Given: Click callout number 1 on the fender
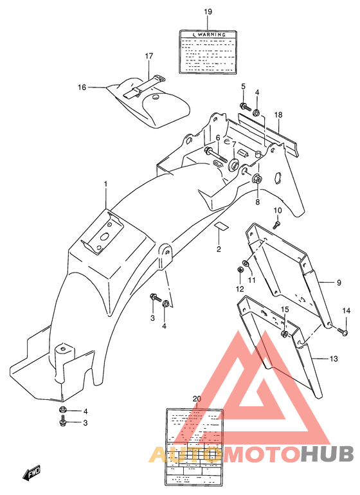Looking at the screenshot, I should point(106,184).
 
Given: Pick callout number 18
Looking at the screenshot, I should point(278,115).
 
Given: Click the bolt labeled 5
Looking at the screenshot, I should point(245,106).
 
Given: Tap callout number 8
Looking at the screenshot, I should point(258,201).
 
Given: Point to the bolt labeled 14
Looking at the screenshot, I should point(342,332).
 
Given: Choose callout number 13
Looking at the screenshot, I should point(333,358).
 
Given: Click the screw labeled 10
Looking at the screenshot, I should point(276,224).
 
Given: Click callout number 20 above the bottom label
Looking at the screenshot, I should point(197,399).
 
